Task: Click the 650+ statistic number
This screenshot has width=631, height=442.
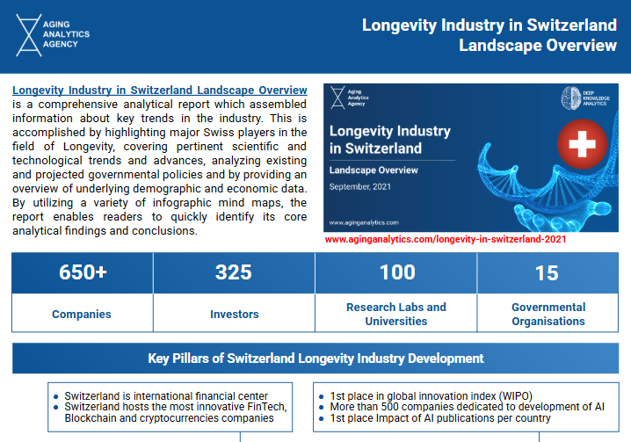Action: point(83,272)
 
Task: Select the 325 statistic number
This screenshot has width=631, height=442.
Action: point(234,272)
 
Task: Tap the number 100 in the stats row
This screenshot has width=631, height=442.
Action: point(396,272)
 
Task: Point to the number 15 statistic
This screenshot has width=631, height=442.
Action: point(547,272)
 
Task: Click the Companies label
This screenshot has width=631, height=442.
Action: point(82,314)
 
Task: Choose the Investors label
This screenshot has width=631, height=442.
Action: point(235,314)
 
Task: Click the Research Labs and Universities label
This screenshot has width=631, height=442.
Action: point(396,314)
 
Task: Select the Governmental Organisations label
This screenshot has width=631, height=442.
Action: point(548,314)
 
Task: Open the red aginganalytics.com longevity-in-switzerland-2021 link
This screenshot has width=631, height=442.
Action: point(446,238)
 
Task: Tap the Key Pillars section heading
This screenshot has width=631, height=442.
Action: point(315,359)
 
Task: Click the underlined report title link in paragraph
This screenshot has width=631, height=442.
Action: point(160,91)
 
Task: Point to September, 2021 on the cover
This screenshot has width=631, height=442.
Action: point(359,187)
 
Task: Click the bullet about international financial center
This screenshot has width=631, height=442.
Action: point(166,396)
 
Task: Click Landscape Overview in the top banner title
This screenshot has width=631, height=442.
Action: point(538,46)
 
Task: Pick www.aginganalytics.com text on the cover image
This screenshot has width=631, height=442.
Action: point(364,223)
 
